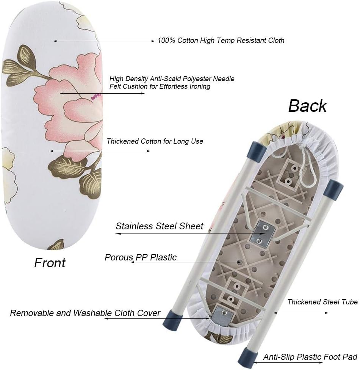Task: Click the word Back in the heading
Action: point(307,106)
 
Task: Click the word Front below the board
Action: point(50,263)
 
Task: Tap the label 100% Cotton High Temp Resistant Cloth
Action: point(221,40)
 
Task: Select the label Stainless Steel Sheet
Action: point(160,226)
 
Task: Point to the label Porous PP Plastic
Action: point(141,257)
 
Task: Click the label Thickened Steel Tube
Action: point(322,302)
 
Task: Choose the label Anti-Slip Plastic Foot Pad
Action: point(310,357)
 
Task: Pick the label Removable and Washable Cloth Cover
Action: point(85,313)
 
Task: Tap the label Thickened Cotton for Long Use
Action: point(155,141)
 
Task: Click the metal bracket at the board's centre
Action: point(262,234)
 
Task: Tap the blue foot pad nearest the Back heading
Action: point(257,149)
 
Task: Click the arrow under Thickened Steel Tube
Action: point(301,313)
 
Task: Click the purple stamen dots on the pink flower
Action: point(96,96)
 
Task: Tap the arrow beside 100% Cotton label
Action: point(104,41)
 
